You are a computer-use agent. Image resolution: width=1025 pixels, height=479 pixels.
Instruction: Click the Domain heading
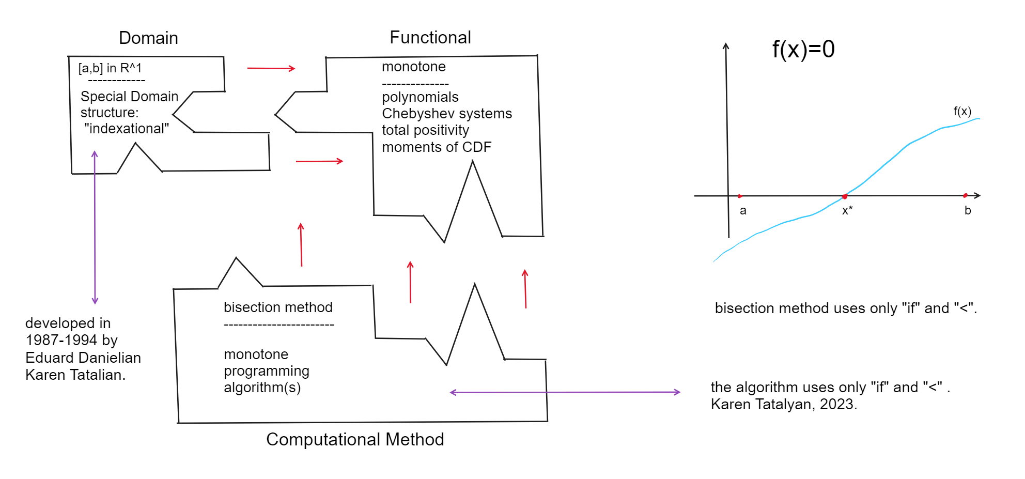[148, 38]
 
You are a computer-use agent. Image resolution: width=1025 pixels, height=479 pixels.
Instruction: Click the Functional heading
[430, 38]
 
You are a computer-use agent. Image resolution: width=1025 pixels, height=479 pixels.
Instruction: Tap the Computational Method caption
[355, 439]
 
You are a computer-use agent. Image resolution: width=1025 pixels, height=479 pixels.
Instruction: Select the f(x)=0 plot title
[803, 50]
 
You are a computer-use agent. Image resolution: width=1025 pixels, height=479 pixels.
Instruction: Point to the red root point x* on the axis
[845, 196]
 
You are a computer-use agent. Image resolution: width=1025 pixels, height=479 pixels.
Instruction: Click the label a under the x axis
[743, 210]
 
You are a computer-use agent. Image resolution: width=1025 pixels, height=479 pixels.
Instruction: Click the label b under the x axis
[968, 210]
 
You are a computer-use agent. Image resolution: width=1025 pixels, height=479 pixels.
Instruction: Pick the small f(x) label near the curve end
[962, 111]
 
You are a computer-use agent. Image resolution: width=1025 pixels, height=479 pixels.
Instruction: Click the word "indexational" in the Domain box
[127, 129]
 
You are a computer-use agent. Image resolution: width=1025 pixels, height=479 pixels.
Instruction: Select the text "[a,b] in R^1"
[110, 68]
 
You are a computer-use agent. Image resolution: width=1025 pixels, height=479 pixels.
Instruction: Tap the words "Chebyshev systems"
[447, 114]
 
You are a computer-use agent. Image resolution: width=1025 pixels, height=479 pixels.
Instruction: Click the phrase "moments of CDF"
[437, 147]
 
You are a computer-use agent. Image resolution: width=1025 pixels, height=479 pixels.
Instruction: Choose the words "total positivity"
[425, 130]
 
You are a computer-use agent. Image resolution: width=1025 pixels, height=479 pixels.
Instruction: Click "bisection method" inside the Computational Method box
[278, 307]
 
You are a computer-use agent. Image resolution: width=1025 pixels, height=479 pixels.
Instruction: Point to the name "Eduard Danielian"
[83, 358]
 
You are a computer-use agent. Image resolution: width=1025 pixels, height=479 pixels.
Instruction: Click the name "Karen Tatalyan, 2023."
[784, 404]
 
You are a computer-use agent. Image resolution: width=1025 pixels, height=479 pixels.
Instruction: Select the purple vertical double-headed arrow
[95, 227]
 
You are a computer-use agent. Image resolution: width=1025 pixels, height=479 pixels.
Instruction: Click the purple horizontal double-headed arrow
[565, 393]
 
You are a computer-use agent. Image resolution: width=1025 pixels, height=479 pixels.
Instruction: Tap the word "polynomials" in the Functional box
[420, 97]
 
